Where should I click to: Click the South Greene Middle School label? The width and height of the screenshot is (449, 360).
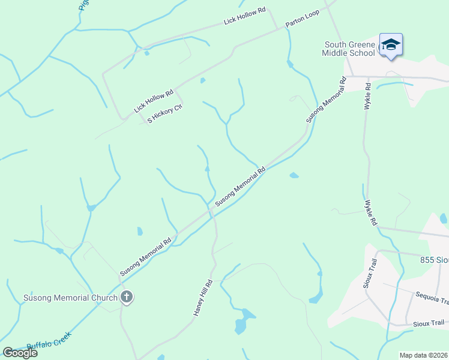pyautogui.click(x=350, y=49)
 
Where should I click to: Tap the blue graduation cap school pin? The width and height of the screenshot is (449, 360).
pyautogui.click(x=391, y=45)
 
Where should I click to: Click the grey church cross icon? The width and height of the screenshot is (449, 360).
pyautogui.click(x=126, y=296)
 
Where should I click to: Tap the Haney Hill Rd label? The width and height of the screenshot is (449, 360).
pyautogui.click(x=203, y=298)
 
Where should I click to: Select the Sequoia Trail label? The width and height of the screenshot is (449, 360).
pyautogui.click(x=432, y=298)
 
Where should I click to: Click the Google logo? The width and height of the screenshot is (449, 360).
pyautogui.click(x=20, y=352)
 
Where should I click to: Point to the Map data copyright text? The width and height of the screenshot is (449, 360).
pyautogui.click(x=424, y=355)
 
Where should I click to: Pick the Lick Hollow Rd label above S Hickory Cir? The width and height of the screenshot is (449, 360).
pyautogui.click(x=153, y=101)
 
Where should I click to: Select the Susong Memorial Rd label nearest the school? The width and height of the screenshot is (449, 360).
pyautogui.click(x=327, y=100)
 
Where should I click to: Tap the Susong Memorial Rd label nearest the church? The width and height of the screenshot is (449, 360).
pyautogui.click(x=146, y=257)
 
